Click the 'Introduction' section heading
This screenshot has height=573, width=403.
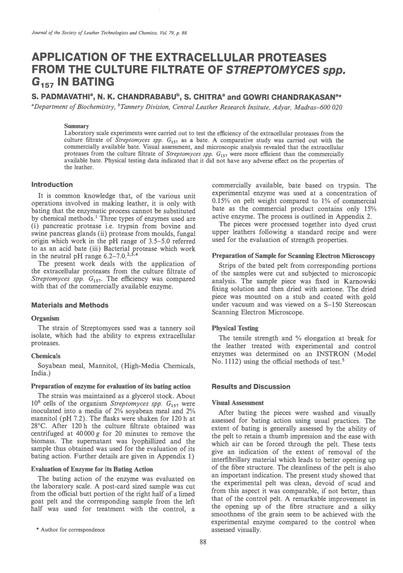click(x=52, y=185)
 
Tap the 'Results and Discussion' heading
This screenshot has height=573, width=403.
click(x=251, y=387)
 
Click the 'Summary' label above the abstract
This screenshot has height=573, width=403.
click(x=76, y=126)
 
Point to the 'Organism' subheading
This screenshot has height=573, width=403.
click(x=45, y=318)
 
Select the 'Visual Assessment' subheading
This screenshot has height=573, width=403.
click(x=238, y=402)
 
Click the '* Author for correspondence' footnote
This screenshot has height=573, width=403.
click(x=70, y=530)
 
